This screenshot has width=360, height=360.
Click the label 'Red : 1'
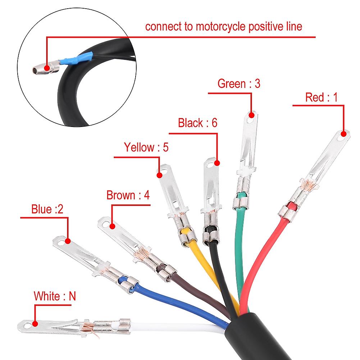322,97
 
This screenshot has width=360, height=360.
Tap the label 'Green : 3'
239,83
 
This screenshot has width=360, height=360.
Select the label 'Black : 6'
198,123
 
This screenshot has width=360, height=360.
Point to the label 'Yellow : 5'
146,147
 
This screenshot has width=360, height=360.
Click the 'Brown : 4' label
128,195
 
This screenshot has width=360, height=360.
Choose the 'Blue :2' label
47,209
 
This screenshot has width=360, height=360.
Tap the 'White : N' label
55,296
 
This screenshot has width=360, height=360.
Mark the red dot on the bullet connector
47,68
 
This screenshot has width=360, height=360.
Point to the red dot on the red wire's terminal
344,134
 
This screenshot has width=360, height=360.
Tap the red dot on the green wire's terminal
252,115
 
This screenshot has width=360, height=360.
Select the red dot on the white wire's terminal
35,324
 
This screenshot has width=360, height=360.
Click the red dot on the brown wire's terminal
112,226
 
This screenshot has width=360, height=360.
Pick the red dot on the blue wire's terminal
68,241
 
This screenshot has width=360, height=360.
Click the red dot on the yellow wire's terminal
160,176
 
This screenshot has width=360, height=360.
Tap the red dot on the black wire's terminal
217,163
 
